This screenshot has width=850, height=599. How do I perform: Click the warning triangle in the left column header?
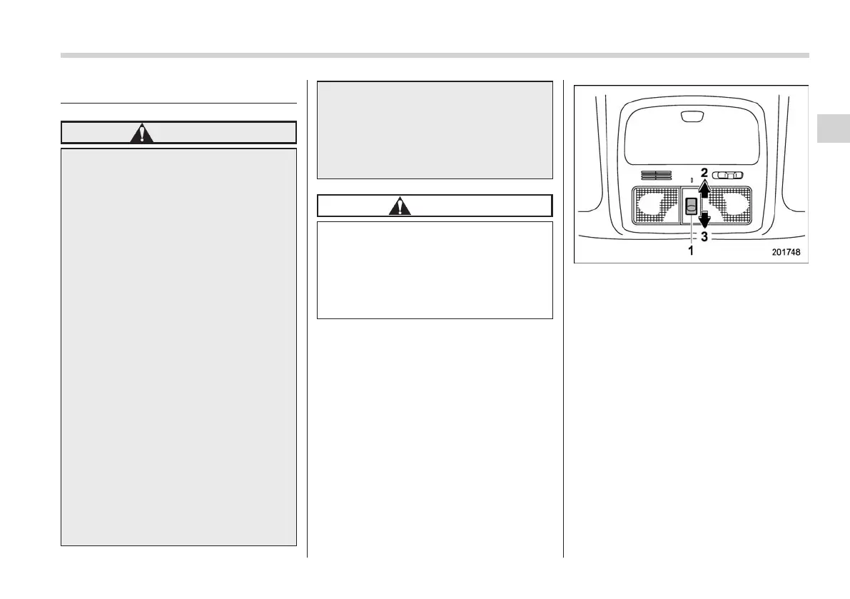142,134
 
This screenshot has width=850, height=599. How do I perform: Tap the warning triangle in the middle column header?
400,206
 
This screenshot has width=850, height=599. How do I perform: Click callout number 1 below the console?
690,251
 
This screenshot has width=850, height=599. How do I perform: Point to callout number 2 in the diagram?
704,173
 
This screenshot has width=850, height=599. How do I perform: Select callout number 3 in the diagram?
704,236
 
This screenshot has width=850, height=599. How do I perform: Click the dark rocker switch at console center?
691,207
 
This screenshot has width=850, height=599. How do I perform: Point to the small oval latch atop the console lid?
690,116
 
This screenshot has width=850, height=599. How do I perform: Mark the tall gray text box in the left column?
178,346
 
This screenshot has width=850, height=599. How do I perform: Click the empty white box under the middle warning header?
435,269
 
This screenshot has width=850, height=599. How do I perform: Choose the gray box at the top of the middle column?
435,129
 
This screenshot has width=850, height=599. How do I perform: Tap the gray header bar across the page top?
435,55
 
